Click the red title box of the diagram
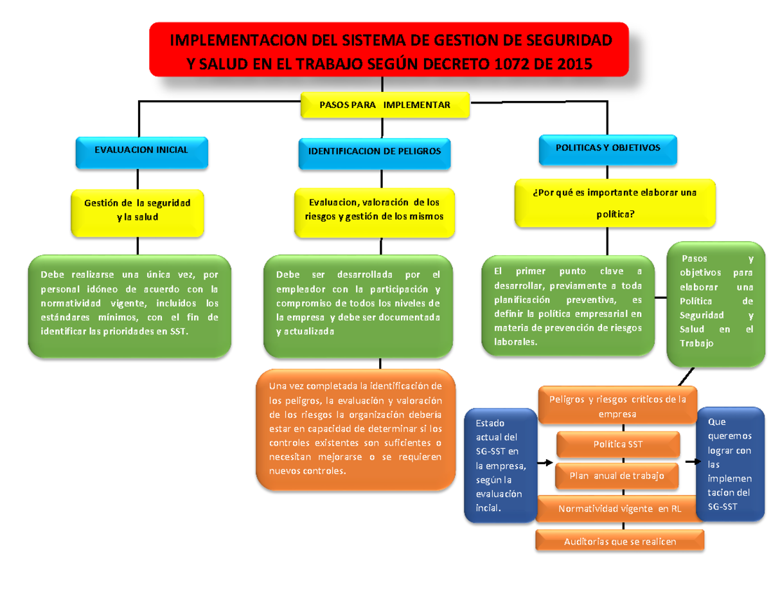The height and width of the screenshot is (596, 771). pos(389,50)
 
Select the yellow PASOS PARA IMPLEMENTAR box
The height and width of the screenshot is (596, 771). pos(385,105)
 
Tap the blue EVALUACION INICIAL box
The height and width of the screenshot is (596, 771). pos(141,150)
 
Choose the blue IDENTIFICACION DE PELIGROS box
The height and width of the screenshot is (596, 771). pos(375,152)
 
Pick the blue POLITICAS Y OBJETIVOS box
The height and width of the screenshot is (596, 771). pos(607,148)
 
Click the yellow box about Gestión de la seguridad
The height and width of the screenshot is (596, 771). pos(137,211)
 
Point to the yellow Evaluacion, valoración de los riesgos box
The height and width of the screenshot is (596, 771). pos(374,210)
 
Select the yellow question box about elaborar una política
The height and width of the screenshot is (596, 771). pos(615,203)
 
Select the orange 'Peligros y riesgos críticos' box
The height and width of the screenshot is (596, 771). pos(617,406)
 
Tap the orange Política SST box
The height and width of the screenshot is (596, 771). pos(617,444)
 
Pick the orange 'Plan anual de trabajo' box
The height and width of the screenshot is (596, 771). pos(617,476)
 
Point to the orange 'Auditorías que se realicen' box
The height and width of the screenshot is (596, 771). pos(620,541)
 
